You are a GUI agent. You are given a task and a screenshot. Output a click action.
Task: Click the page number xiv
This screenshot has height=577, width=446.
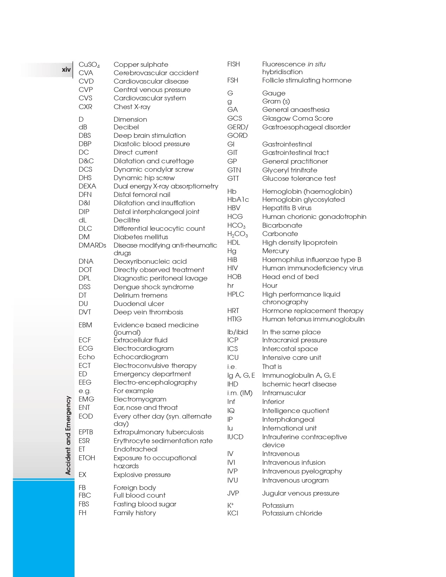click(66, 70)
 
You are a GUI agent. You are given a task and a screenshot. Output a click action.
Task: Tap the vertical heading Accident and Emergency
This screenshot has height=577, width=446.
click(68, 435)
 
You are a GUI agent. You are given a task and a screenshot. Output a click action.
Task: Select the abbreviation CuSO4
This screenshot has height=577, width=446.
click(89, 65)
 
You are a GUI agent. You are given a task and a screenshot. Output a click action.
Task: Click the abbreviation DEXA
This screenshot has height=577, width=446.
click(87, 186)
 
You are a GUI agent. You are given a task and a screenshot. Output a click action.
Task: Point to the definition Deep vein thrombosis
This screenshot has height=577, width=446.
click(148, 312)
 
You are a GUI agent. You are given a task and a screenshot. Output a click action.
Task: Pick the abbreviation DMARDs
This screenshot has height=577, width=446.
click(92, 245)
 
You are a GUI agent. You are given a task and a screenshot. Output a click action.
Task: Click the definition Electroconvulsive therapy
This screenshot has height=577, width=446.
click(155, 365)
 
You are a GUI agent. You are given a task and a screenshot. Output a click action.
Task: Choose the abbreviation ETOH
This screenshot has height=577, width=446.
click(87, 458)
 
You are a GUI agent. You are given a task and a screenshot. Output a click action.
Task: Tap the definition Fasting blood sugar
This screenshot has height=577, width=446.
click(145, 504)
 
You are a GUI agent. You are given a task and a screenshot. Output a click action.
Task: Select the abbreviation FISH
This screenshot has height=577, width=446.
click(234, 64)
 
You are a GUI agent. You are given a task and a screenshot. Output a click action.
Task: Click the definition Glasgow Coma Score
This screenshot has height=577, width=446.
click(297, 118)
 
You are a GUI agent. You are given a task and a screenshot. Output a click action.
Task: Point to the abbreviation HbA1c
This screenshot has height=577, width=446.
click(238, 199)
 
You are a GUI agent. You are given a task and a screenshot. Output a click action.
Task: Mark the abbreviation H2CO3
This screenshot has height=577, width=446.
click(238, 234)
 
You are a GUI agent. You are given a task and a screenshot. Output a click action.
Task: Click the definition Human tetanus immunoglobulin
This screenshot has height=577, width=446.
click(313, 319)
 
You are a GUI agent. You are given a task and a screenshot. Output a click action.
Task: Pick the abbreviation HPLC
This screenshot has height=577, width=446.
click(236, 294)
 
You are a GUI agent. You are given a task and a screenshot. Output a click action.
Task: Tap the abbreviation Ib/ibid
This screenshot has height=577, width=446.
click(238, 332)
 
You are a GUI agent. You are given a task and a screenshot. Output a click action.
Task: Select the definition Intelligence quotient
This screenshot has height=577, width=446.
click(296, 411)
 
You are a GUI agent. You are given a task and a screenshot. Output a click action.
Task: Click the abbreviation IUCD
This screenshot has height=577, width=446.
click(235, 437)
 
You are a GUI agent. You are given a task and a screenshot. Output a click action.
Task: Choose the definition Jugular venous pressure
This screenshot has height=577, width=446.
click(300, 493)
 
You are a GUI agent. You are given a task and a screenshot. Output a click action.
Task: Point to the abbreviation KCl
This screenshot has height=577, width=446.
click(233, 513)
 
